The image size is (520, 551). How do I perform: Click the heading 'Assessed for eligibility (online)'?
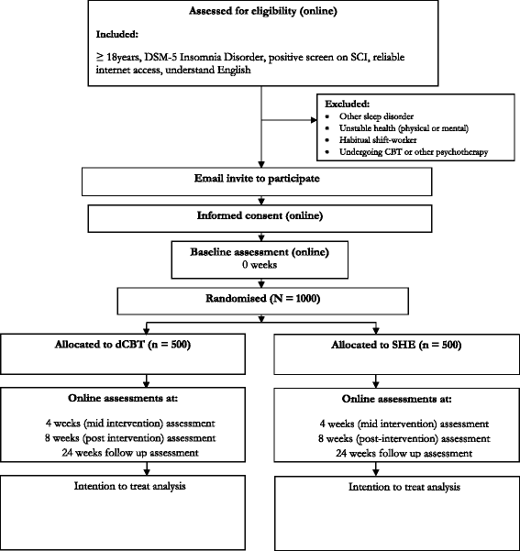tap(262, 12)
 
